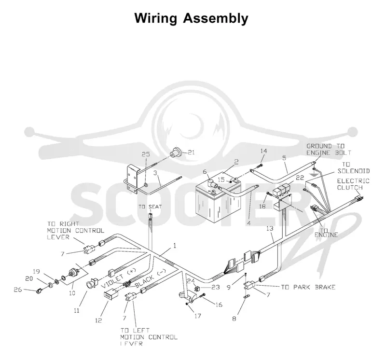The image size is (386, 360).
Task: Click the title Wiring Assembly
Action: point(191,18)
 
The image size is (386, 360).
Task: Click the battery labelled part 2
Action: point(218,197)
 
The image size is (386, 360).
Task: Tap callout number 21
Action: point(191,152)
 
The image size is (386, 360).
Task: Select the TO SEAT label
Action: point(150,207)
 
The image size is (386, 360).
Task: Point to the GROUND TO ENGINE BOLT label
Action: point(329,150)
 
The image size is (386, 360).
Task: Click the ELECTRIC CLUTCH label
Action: point(353,184)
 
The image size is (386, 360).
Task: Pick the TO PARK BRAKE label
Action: point(308,287)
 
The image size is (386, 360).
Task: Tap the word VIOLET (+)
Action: point(119,278)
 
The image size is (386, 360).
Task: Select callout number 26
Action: point(18,290)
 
